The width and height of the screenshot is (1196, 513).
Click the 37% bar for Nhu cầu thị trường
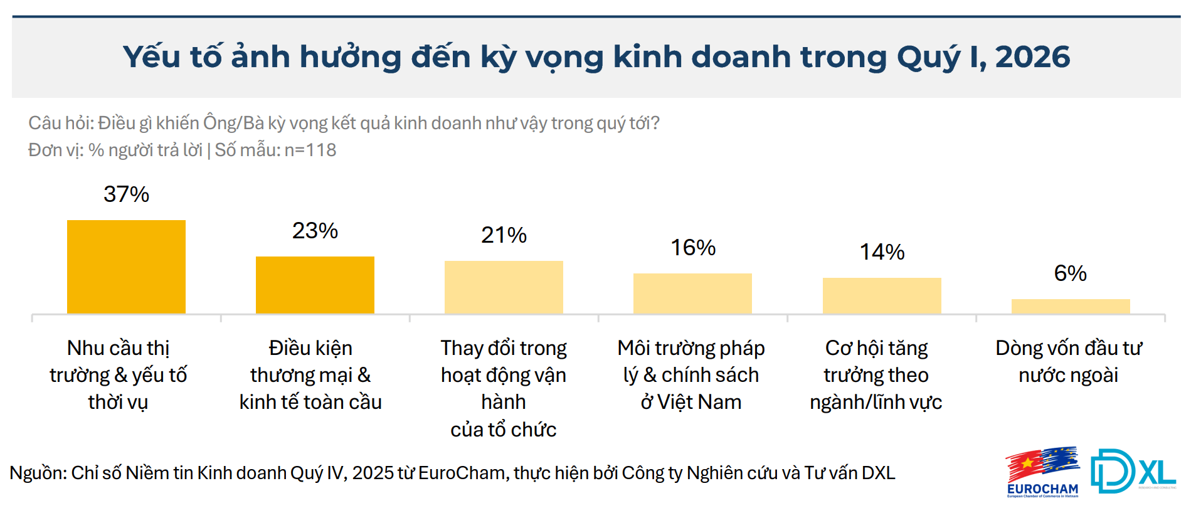tap(126, 267)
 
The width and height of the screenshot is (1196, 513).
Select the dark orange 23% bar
tap(315, 285)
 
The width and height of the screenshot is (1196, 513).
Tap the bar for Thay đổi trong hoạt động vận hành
tap(504, 287)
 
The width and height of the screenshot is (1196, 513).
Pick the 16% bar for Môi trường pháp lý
tap(692, 294)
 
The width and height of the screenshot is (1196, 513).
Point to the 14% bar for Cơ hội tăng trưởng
tap(882, 295)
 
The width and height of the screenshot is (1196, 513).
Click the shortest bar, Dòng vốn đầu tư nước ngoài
tap(1071, 306)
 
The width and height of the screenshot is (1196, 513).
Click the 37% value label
tap(126, 194)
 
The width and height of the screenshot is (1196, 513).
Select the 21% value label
tap(504, 235)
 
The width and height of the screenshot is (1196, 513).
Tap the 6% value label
tap(1071, 273)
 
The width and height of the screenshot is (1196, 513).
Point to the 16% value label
tap(693, 248)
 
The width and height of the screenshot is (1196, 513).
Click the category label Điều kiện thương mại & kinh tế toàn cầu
tap(310, 375)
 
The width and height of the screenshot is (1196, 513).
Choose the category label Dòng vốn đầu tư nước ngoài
tap(1069, 361)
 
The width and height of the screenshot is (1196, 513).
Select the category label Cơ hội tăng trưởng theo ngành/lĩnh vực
tap(876, 375)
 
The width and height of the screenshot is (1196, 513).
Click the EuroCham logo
tap(1042, 472)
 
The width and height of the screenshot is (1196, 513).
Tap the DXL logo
tap(1133, 471)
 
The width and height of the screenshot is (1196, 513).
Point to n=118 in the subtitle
tap(310, 150)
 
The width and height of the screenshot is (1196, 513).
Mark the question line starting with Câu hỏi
tap(344, 123)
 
